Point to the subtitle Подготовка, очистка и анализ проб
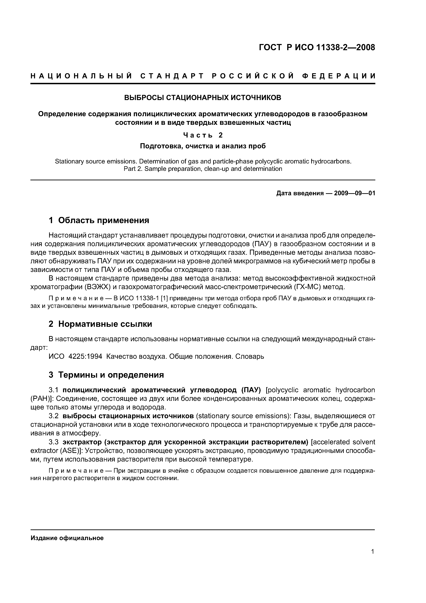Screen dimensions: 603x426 203,146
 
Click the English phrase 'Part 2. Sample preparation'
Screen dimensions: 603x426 163,169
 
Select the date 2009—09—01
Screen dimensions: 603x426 355,193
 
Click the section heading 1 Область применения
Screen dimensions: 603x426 99,220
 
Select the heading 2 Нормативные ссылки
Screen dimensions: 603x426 100,324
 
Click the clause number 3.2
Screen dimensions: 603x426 54,416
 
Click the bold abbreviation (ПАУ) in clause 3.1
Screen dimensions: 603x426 251,390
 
